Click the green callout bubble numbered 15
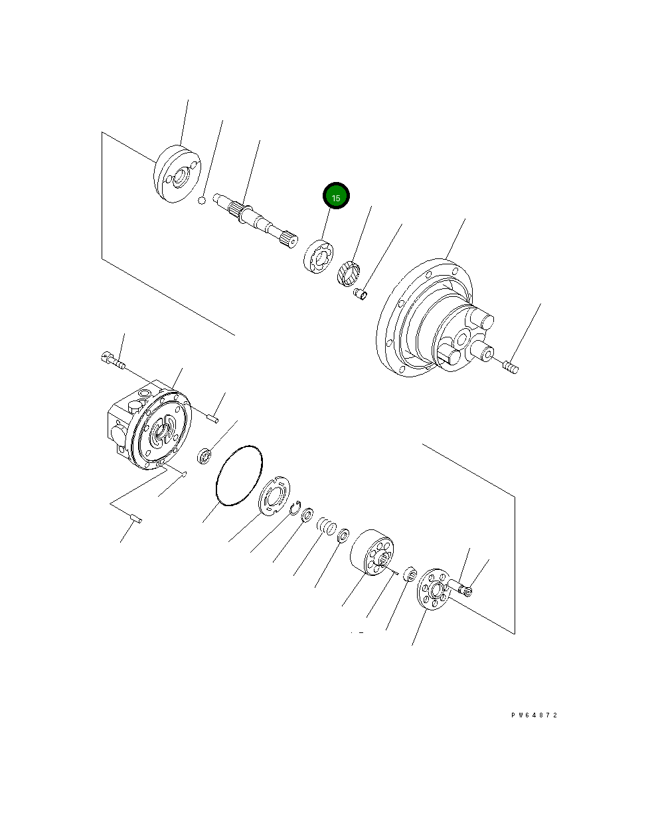[x=336, y=197]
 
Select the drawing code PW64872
[x=534, y=715]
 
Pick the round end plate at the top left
[x=177, y=175]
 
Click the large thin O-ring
[x=238, y=476]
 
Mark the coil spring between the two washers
[x=325, y=525]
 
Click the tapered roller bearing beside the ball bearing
[x=348, y=273]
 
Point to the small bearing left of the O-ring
[x=205, y=456]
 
